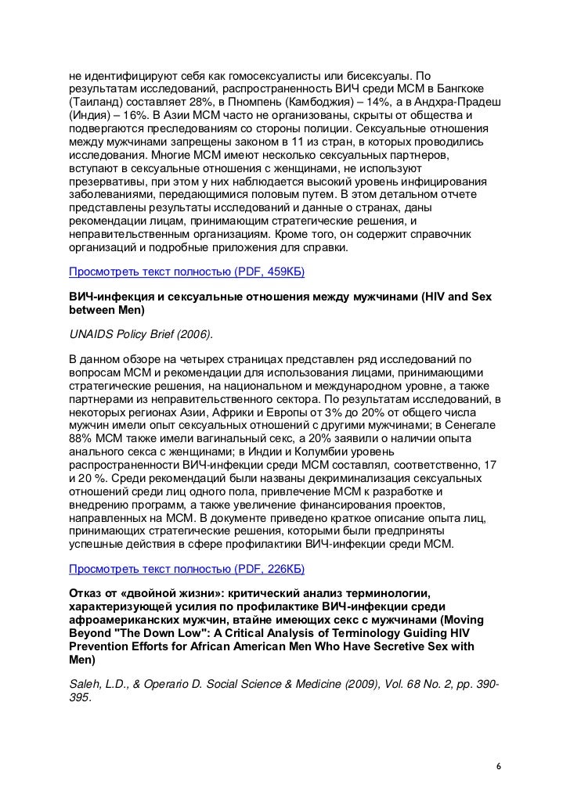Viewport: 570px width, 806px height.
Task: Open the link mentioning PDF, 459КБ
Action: pyautogui.click(x=186, y=272)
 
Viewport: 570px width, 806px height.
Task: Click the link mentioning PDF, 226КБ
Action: pyautogui.click(x=186, y=567)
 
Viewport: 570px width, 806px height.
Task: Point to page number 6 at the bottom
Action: pyautogui.click(x=499, y=765)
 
